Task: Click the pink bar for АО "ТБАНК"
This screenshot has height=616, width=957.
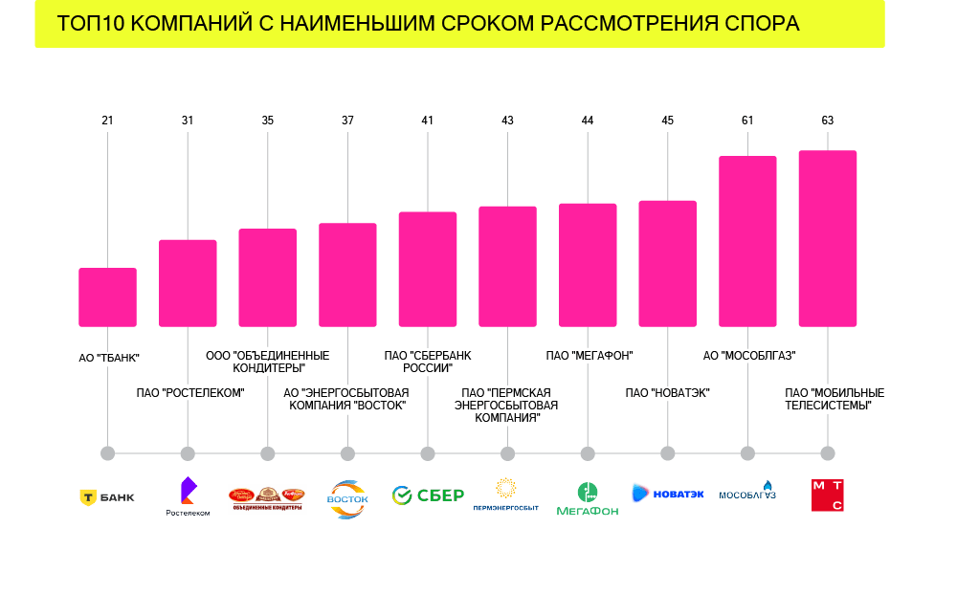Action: click(107, 297)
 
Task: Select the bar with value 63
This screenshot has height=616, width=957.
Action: click(828, 238)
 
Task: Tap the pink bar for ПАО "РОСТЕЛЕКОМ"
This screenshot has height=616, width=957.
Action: click(188, 283)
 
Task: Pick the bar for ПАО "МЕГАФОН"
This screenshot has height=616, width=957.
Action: click(588, 265)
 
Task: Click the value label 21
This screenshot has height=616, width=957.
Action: click(107, 121)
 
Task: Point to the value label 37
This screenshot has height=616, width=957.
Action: click(347, 121)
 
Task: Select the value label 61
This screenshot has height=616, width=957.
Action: click(747, 121)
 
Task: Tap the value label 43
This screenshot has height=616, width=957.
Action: click(507, 121)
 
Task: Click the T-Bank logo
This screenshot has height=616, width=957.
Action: click(107, 497)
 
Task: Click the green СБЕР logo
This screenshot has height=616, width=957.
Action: click(428, 495)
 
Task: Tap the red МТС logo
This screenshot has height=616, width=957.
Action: click(828, 495)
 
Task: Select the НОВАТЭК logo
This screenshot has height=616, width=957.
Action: click(668, 494)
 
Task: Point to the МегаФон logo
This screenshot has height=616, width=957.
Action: click(588, 498)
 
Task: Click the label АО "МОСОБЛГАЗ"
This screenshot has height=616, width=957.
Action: click(749, 356)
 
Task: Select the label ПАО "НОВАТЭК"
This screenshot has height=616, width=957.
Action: click(667, 393)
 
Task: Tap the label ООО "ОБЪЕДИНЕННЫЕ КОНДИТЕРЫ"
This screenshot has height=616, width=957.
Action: click(268, 362)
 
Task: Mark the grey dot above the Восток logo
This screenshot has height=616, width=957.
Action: click(347, 453)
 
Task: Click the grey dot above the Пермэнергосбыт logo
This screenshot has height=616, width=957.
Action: click(507, 453)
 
